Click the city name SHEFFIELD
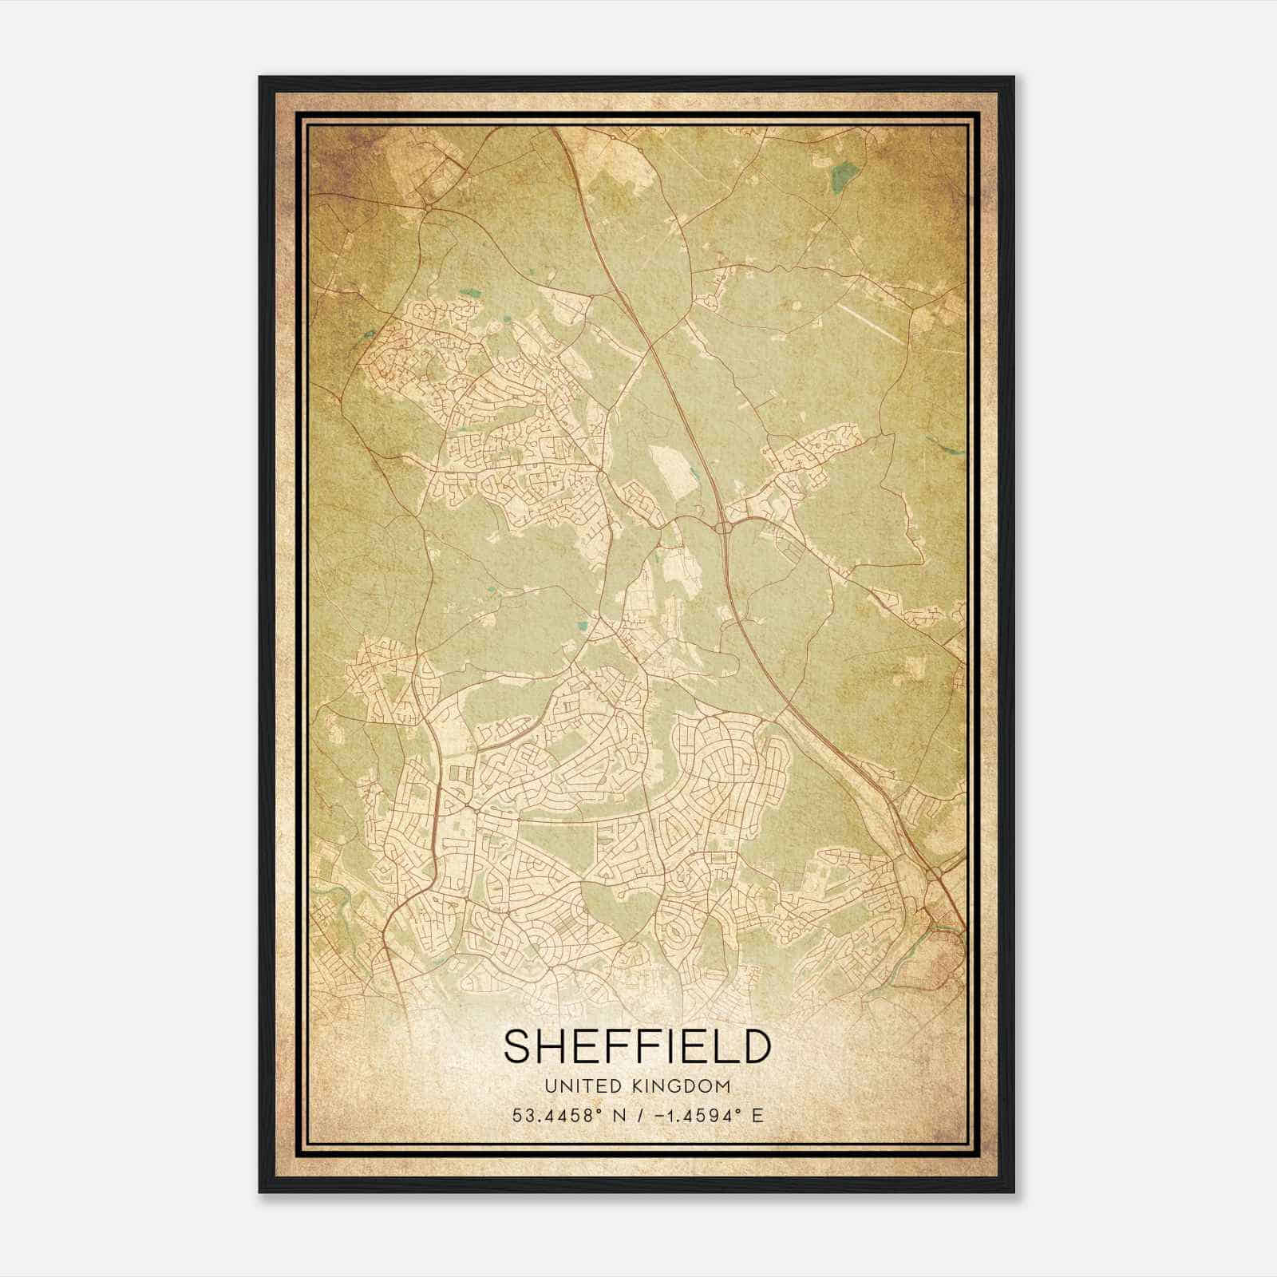click(x=637, y=1046)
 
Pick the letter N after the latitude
click(x=615, y=1115)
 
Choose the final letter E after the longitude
click(x=757, y=1115)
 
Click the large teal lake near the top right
click(x=841, y=177)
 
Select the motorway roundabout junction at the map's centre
click(x=725, y=527)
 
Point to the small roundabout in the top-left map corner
click(x=429, y=208)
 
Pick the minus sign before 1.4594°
click(x=658, y=1115)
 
